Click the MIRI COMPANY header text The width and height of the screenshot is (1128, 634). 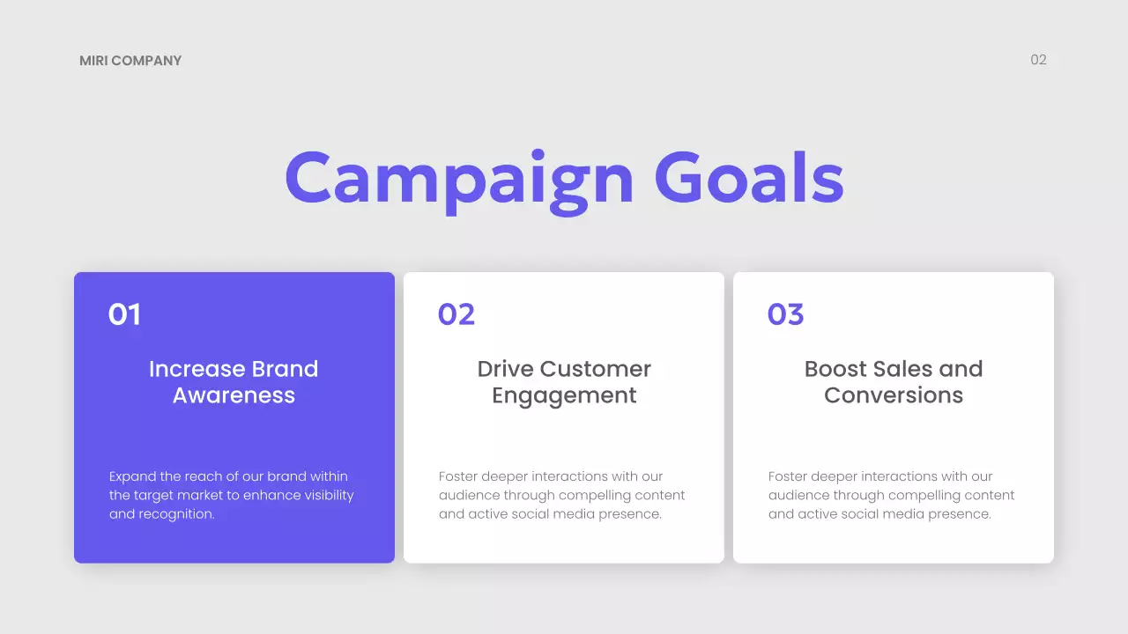pyautogui.click(x=130, y=61)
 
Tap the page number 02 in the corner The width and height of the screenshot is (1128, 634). pyautogui.click(x=1038, y=60)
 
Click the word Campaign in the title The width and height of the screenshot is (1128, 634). pyautogui.click(x=459, y=179)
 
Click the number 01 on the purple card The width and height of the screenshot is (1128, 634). pyautogui.click(x=124, y=314)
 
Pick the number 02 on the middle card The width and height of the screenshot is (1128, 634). pyautogui.click(x=456, y=314)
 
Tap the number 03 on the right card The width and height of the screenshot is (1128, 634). pyautogui.click(x=785, y=314)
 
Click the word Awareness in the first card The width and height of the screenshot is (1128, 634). pyautogui.click(x=234, y=395)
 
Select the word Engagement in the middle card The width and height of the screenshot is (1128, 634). pyautogui.click(x=564, y=396)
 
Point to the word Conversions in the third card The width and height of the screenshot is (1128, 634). pyautogui.click(x=894, y=395)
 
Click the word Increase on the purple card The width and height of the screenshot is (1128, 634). pyautogui.click(x=197, y=369)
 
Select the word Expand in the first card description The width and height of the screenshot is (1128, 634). pyautogui.click(x=133, y=476)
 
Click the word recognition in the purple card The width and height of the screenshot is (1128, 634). pyautogui.click(x=177, y=514)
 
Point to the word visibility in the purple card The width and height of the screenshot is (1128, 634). pyautogui.click(x=328, y=495)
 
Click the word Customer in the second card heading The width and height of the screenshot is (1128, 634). pyautogui.click(x=595, y=369)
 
